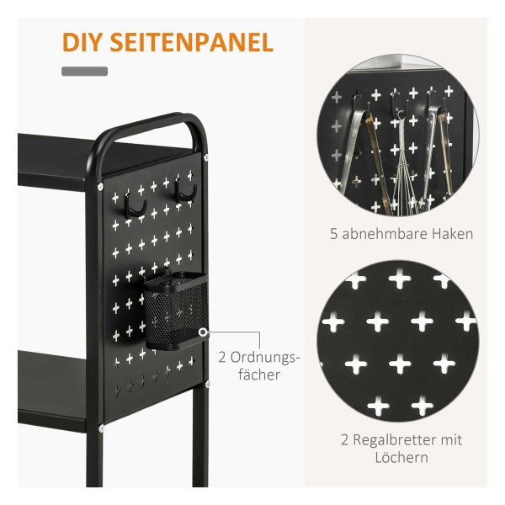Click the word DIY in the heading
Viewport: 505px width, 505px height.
83,42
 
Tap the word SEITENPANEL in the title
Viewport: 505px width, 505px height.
192,42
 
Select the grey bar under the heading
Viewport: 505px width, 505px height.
84,72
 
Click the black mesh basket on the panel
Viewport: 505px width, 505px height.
175,311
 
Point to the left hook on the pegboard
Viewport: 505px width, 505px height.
135,205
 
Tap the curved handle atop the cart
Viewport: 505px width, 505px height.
148,129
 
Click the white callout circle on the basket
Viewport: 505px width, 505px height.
203,332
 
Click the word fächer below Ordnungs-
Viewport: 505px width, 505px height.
259,375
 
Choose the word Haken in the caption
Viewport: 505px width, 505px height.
453,234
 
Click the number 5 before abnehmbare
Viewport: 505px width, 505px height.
333,234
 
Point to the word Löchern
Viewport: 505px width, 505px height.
401,457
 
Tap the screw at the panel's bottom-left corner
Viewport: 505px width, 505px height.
102,428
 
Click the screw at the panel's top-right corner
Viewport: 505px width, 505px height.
206,157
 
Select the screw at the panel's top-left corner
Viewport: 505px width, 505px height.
100,186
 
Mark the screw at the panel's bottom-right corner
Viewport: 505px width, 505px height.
207,383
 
